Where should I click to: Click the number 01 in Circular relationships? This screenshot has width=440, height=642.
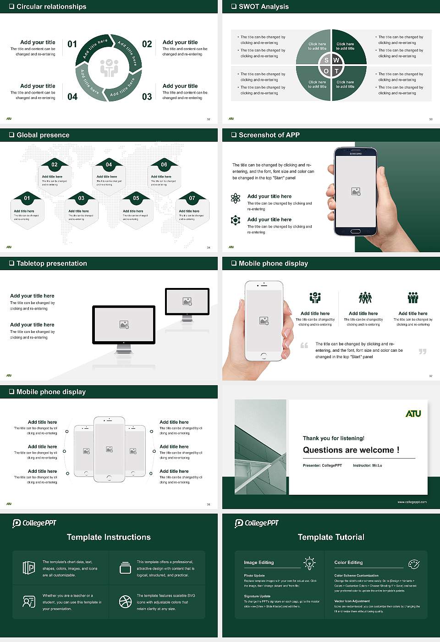coord(72,44)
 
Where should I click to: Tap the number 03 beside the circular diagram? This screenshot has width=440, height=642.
coord(147,97)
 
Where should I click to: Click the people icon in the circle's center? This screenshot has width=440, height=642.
coord(109,67)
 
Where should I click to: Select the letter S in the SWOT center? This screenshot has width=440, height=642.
coord(326,60)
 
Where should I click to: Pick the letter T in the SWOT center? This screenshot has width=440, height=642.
coord(336,71)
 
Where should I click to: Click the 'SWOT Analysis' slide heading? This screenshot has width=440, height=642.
coord(264,6)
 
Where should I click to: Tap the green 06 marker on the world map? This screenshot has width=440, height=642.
coord(164,165)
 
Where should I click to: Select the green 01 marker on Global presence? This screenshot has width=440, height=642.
coord(27,198)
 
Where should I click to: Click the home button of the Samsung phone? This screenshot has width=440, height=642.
coord(356,232)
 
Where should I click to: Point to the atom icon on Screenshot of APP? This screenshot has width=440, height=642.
coord(236,198)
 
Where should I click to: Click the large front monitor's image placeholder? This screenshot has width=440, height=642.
coord(124,325)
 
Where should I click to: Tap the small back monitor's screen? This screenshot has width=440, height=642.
coord(187,301)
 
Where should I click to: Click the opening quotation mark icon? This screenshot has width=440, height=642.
coord(304,345)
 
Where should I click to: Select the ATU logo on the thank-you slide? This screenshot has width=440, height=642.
coord(413,414)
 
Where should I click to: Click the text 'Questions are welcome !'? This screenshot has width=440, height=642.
coord(351,450)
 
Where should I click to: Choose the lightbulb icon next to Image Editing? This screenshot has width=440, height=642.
coord(309,563)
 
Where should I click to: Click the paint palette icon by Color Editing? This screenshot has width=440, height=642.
coord(413,564)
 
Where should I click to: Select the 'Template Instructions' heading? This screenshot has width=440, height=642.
coord(109,537)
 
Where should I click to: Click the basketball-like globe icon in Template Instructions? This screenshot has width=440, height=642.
coord(125,602)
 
